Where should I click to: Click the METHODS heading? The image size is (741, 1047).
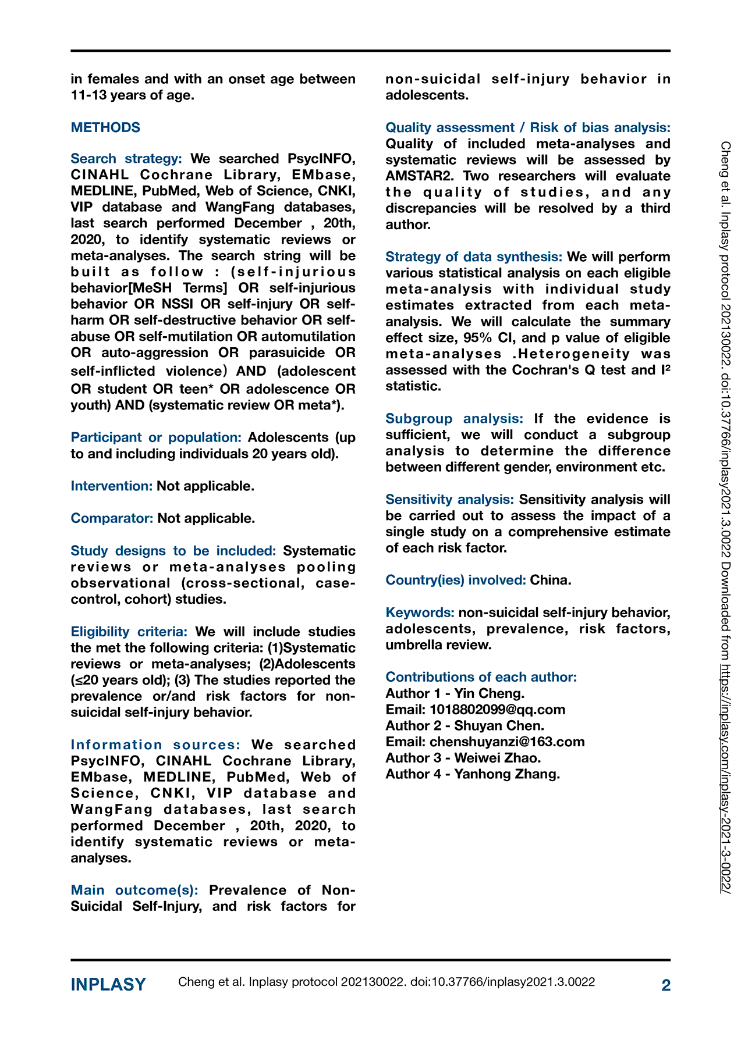[105, 127]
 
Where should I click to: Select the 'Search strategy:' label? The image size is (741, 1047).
[126, 159]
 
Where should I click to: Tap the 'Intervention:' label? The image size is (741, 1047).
[112, 486]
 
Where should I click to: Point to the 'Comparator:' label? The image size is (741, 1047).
[112, 518]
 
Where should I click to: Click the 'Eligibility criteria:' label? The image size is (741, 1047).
[129, 632]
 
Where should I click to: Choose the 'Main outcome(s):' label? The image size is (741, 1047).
[134, 890]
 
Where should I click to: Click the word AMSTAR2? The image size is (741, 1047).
[419, 176]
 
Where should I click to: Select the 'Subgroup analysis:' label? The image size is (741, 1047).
[454, 418]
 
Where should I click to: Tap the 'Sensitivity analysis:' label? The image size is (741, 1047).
[449, 499]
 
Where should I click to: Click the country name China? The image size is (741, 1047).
[550, 580]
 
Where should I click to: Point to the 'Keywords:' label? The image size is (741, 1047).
[420, 612]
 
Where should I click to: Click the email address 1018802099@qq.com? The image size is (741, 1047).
[498, 710]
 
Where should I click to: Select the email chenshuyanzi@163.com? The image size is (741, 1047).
[507, 742]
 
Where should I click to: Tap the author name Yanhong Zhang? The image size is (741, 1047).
[507, 774]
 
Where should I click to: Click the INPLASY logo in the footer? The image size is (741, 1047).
[108, 984]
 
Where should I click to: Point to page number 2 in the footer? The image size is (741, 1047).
[666, 985]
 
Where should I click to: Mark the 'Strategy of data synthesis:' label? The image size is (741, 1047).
[474, 257]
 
